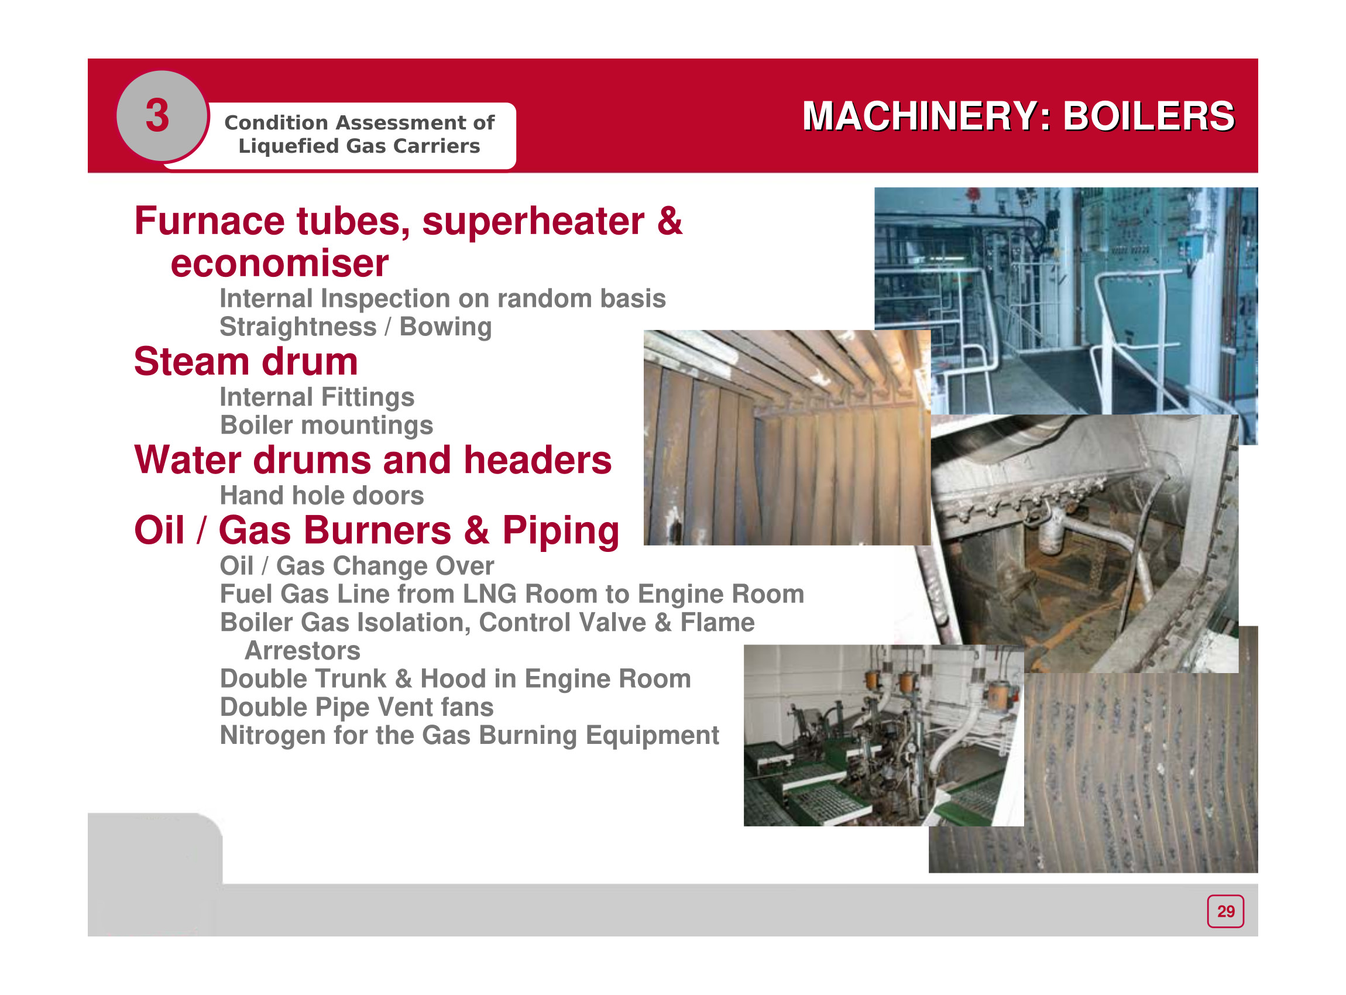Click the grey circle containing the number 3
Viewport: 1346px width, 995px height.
pos(161,115)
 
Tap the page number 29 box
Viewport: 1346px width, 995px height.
pos(1225,911)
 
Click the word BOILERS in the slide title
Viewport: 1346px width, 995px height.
pos(1148,116)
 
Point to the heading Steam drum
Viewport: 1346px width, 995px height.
pos(246,361)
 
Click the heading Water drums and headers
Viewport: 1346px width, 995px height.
pos(373,460)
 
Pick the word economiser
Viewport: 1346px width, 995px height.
pos(279,263)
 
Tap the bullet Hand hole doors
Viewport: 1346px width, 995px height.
pos(322,496)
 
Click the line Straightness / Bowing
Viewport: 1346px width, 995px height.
pos(355,327)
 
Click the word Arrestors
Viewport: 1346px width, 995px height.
pos(303,650)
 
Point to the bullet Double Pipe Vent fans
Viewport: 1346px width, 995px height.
pos(356,707)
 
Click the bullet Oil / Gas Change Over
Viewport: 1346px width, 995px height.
pos(356,566)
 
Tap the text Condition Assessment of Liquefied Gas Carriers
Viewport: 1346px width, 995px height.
pos(359,134)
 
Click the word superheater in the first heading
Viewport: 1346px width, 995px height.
pos(533,221)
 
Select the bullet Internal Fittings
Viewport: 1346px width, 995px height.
pos(317,397)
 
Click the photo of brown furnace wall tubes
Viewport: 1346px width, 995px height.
pos(787,438)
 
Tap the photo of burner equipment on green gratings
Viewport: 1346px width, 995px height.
pos(884,735)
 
